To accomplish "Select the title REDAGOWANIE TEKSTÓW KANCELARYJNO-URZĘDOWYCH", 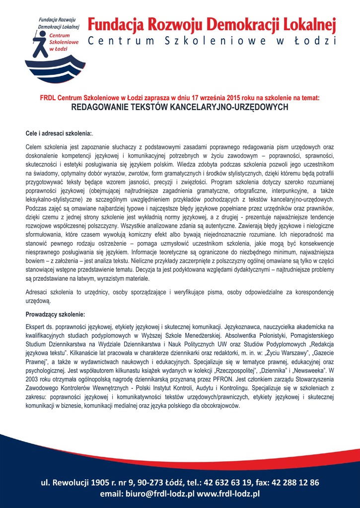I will pos(180,107).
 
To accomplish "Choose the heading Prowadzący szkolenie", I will pos(55,314).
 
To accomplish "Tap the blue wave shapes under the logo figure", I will pos(55,69).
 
